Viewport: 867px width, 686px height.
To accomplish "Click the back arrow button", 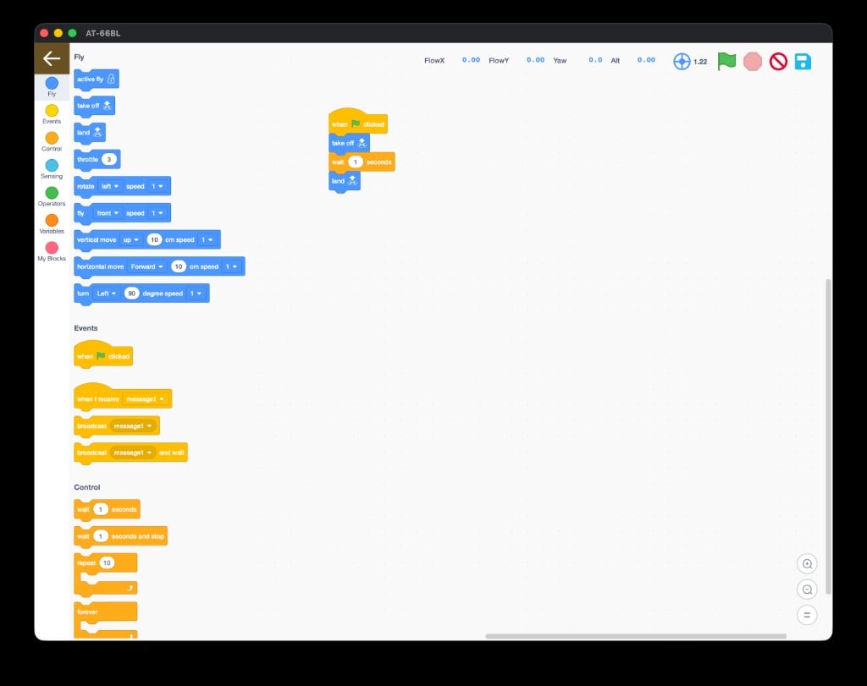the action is pos(52,58).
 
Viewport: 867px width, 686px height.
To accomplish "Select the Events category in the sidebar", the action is pos(52,114).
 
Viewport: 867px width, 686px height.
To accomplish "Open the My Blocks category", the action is pos(52,250).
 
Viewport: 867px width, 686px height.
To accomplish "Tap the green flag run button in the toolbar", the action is pos(726,61).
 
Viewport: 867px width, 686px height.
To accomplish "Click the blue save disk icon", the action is pos(803,61).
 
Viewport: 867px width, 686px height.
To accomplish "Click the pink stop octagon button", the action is pos(753,61).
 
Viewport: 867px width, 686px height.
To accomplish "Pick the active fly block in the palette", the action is pos(97,79).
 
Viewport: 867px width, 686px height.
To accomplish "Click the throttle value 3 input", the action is pos(109,160).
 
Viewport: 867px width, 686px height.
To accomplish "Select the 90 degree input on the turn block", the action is pos(131,294).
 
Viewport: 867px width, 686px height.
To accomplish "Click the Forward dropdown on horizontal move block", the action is pos(146,266).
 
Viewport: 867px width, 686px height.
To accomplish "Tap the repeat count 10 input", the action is pos(107,563).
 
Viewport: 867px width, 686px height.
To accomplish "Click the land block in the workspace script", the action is pos(345,181).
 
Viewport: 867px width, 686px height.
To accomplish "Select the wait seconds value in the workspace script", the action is pos(356,162).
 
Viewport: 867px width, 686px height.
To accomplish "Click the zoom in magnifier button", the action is pos(807,564).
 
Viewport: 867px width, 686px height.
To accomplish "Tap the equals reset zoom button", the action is pos(807,615).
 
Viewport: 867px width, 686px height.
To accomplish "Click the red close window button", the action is pos(44,33).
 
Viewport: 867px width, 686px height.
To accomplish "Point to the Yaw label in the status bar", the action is pos(560,61).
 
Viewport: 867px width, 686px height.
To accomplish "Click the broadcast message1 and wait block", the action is pos(130,453).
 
